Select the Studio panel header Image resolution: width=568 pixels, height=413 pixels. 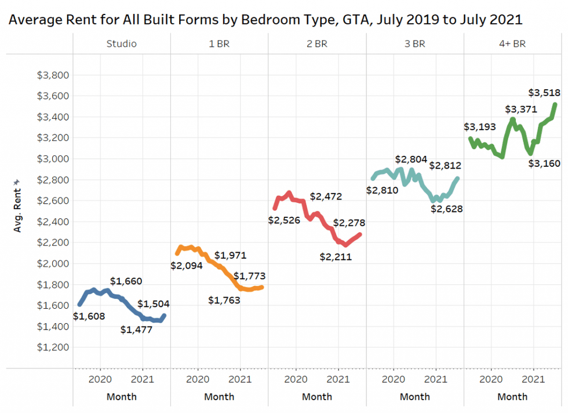coord(122,43)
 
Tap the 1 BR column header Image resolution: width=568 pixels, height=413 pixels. coord(219,43)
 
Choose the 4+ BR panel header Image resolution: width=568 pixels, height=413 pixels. coord(512,43)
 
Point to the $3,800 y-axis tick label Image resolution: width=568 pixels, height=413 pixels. coord(53,75)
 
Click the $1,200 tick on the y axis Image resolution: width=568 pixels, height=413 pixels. coord(53,347)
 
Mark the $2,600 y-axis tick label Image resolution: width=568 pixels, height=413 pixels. coord(53,200)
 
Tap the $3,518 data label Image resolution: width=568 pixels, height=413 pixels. coord(545,92)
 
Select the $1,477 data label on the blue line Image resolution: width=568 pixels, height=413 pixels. coord(136,330)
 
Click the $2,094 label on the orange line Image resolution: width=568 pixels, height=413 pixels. coord(187,265)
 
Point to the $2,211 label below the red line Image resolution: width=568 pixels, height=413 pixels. coord(336,257)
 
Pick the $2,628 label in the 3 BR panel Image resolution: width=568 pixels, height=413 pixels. coord(446,209)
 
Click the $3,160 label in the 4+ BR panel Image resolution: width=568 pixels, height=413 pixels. coord(544,163)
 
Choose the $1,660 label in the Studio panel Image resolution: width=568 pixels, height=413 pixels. coord(126,282)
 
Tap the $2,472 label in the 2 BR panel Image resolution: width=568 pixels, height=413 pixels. coord(326,196)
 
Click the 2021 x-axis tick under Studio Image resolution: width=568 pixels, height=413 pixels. coord(143,379)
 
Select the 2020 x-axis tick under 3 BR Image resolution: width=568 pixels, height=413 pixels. coord(394,379)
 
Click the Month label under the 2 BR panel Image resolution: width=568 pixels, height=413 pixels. coord(317,397)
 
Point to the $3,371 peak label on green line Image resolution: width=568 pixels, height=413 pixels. coord(521,109)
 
